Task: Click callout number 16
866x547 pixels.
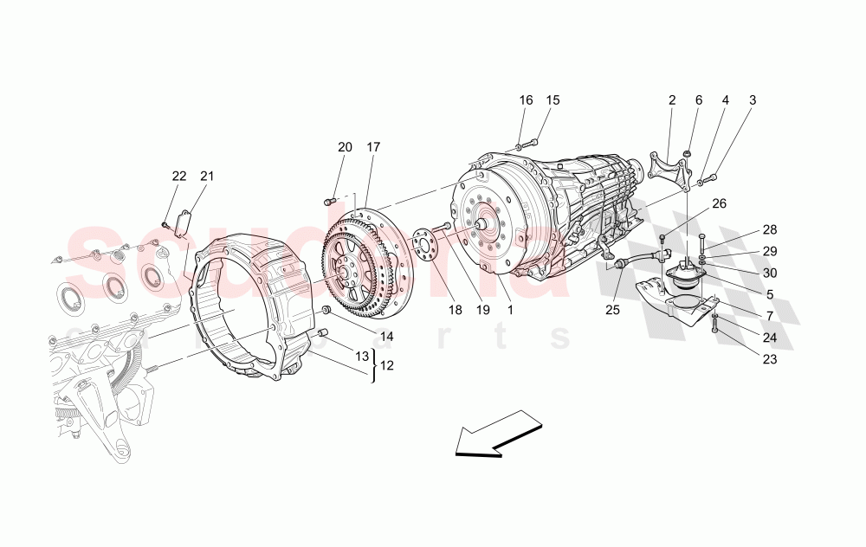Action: coord(526,100)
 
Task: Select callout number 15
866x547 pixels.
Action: coord(553,100)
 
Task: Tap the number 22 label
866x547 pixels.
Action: coord(179,177)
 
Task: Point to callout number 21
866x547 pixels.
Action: coord(207,177)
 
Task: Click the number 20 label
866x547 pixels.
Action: coord(345,147)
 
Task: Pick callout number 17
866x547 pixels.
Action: coord(373,147)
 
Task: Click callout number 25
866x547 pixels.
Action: coord(613,310)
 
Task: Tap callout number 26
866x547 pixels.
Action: coord(719,204)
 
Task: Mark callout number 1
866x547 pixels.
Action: coord(510,310)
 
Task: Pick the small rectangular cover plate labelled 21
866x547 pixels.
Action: coord(183,222)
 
